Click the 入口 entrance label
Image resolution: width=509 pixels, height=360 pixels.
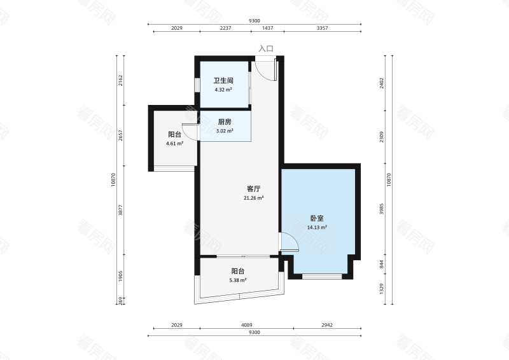tap(266, 48)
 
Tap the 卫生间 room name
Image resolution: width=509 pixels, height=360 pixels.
tap(223, 81)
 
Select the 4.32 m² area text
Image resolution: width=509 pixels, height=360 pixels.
tap(223, 90)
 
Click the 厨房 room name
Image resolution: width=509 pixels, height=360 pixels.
tap(224, 122)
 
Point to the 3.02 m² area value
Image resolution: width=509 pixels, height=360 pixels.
tap(224, 131)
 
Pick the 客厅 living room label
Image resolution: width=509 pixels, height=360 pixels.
tap(254, 189)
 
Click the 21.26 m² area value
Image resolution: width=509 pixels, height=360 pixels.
tap(254, 198)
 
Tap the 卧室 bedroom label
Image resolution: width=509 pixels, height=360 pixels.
tap(317, 218)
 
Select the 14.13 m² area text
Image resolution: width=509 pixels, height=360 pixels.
tap(317, 227)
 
